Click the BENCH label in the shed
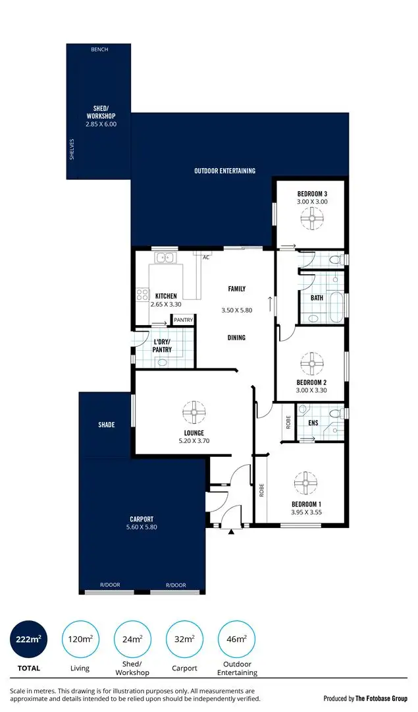coord(100,49)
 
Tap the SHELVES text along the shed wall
coord(72,149)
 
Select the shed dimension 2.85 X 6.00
coord(100,123)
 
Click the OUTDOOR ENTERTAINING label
coord(224,171)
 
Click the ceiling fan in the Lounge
coord(194,413)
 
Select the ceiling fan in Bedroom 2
coord(311,362)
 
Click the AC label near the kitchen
coord(206,257)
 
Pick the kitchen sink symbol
coord(165,258)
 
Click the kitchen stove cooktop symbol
coord(142,295)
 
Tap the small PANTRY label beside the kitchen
coord(183,320)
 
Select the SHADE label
coord(107,425)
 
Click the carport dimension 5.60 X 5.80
coord(142,527)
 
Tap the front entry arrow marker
coord(230,531)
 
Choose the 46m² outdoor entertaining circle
coord(236,639)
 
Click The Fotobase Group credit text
coord(365,697)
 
